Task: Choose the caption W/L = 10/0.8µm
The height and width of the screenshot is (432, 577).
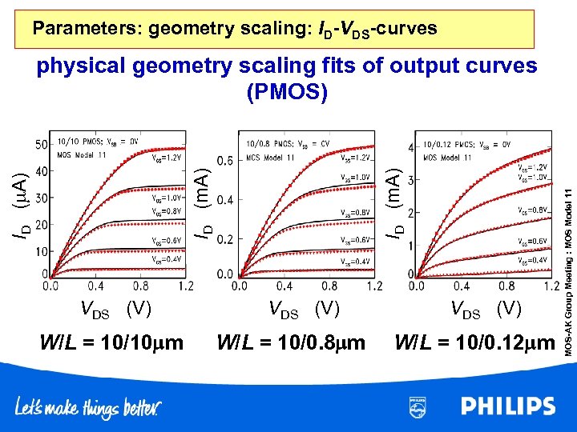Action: pyautogui.click(x=291, y=343)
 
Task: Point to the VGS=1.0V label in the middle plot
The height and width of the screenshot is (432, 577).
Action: pyautogui.click(x=355, y=178)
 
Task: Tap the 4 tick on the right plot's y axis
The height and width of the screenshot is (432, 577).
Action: pyautogui.click(x=411, y=148)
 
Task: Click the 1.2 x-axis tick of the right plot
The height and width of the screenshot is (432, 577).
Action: pyautogui.click(x=551, y=286)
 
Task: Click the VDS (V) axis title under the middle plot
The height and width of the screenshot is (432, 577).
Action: pyautogui.click(x=305, y=307)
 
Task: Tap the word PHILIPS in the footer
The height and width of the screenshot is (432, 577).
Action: pyautogui.click(x=507, y=406)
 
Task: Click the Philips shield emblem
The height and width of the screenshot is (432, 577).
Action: pyautogui.click(x=417, y=406)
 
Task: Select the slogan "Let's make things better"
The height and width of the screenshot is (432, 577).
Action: pyautogui.click(x=88, y=408)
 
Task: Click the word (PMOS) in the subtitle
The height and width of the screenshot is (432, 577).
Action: pyautogui.click(x=287, y=92)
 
